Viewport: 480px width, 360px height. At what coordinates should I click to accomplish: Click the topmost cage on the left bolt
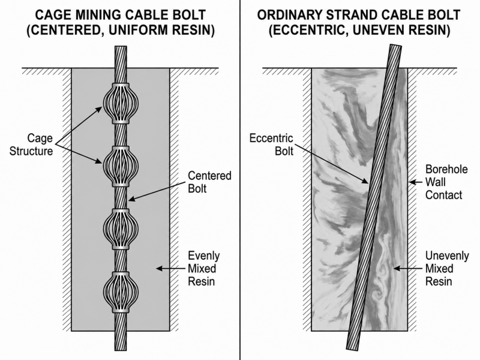[121, 103]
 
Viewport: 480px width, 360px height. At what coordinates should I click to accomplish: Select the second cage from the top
[121, 166]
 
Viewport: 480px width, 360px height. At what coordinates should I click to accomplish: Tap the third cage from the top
[121, 229]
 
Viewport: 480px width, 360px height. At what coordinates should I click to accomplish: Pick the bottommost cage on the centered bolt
[121, 292]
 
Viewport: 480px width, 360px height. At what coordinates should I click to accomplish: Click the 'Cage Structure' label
[31, 145]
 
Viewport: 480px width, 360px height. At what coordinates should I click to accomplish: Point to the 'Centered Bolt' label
[209, 182]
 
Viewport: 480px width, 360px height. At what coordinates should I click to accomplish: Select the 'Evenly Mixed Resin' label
[203, 268]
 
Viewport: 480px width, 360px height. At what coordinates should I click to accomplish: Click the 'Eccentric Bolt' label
[272, 145]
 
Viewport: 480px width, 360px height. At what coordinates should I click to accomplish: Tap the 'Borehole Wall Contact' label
[446, 182]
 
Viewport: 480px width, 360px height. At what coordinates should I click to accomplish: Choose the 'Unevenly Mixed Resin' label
[447, 268]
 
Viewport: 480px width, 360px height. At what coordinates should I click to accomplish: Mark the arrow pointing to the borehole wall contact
[416, 182]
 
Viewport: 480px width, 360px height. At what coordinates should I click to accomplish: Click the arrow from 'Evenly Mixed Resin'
[171, 268]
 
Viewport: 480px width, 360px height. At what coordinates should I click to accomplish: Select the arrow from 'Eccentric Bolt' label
[332, 164]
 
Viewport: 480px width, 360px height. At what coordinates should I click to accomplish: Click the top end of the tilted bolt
[396, 46]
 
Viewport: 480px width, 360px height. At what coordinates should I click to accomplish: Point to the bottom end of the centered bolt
[121, 350]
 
